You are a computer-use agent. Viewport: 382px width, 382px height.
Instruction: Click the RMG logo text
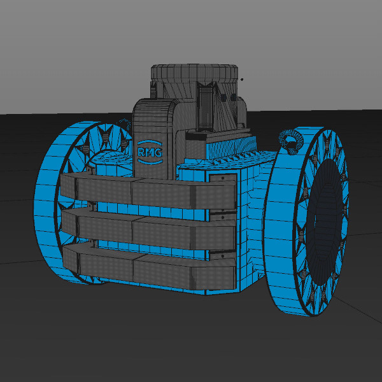[150, 152]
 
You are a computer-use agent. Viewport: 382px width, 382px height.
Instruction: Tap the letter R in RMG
[141, 152]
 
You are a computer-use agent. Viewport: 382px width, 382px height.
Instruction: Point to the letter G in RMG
[159, 153]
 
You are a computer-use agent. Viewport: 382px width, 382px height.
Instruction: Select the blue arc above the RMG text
[150, 143]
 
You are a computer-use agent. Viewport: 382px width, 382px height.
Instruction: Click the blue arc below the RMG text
[150, 161]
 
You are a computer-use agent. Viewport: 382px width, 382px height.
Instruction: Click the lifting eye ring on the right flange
[291, 141]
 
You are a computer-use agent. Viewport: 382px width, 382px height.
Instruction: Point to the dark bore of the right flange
[323, 222]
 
